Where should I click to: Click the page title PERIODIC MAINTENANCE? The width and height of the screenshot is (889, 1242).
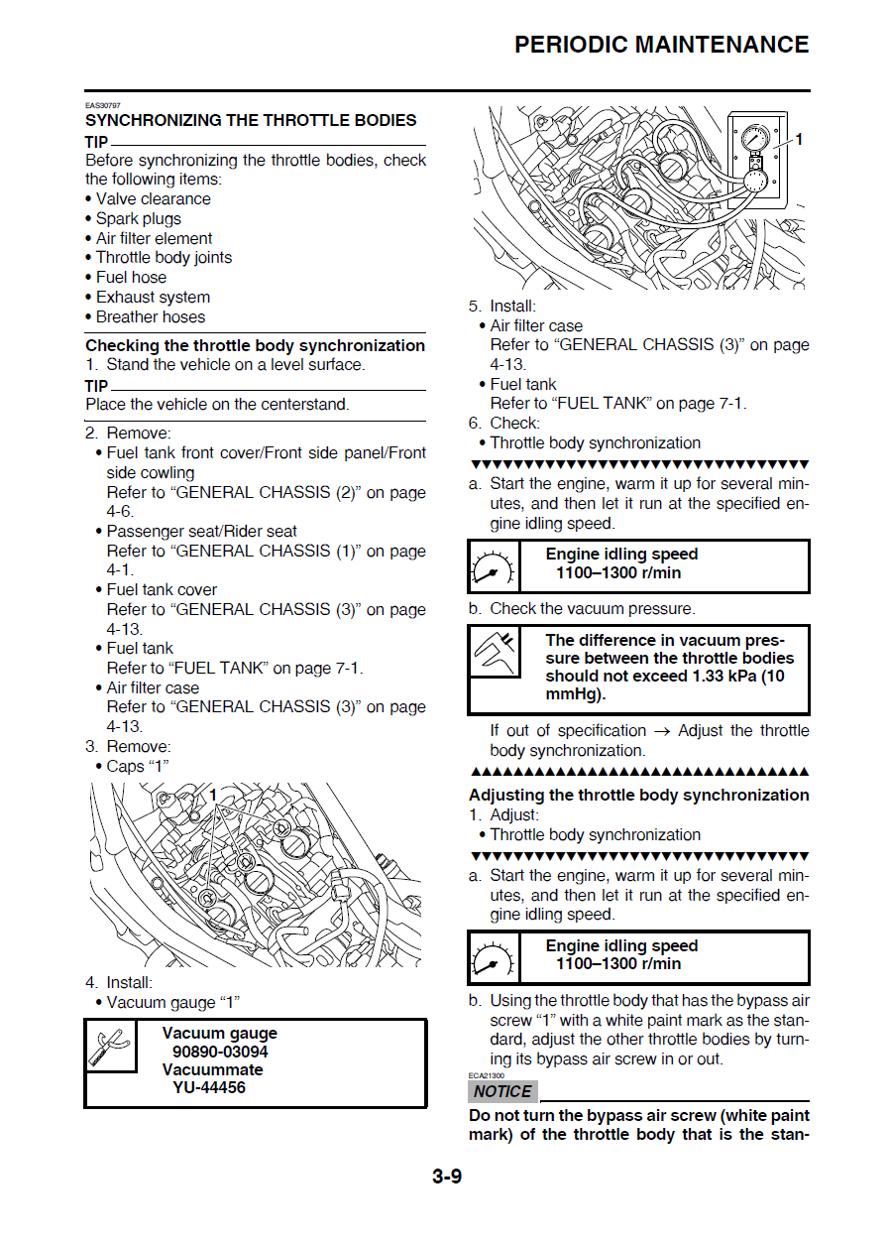click(x=661, y=45)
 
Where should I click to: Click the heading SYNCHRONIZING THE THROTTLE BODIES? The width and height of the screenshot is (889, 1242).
click(x=251, y=120)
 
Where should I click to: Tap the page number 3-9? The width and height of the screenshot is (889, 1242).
click(x=446, y=1178)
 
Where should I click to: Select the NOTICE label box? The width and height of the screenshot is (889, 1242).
click(x=502, y=1091)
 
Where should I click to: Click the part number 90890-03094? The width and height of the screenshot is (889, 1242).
click(x=220, y=1052)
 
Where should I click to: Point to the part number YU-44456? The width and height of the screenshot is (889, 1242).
click(x=209, y=1087)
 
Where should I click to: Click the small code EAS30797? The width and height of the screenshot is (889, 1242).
click(x=102, y=106)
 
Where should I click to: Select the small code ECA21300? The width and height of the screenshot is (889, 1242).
click(x=486, y=1075)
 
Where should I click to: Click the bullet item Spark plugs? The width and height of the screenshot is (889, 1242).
click(x=139, y=218)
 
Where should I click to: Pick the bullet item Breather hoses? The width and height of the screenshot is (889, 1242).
click(x=151, y=316)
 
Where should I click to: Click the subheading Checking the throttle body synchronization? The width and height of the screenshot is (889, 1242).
click(x=255, y=345)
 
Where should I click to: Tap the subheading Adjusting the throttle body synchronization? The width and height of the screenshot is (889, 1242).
click(x=638, y=795)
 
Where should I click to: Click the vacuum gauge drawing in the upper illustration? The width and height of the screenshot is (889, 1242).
click(x=755, y=159)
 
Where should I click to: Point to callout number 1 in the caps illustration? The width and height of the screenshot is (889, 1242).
click(x=212, y=795)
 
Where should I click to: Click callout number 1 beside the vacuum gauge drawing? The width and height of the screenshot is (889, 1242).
click(x=799, y=140)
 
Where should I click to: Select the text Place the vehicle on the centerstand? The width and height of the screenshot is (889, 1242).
click(x=217, y=405)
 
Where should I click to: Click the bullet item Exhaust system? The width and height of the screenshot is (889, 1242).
click(x=153, y=297)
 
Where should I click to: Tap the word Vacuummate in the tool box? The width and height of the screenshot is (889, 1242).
click(x=212, y=1069)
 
